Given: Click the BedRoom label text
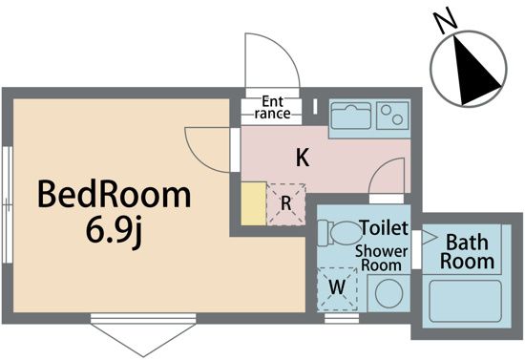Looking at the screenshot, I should [x=114, y=197].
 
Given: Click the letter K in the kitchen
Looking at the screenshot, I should [x=302, y=159].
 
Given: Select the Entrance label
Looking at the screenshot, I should [x=271, y=108].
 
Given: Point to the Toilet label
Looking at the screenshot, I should [x=384, y=230].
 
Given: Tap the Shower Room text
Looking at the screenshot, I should [x=382, y=258].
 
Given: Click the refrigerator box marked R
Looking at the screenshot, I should [x=285, y=203].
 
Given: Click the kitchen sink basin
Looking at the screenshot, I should [x=352, y=117].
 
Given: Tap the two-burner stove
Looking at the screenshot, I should [x=391, y=117].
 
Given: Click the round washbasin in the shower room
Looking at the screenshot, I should [x=388, y=293].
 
